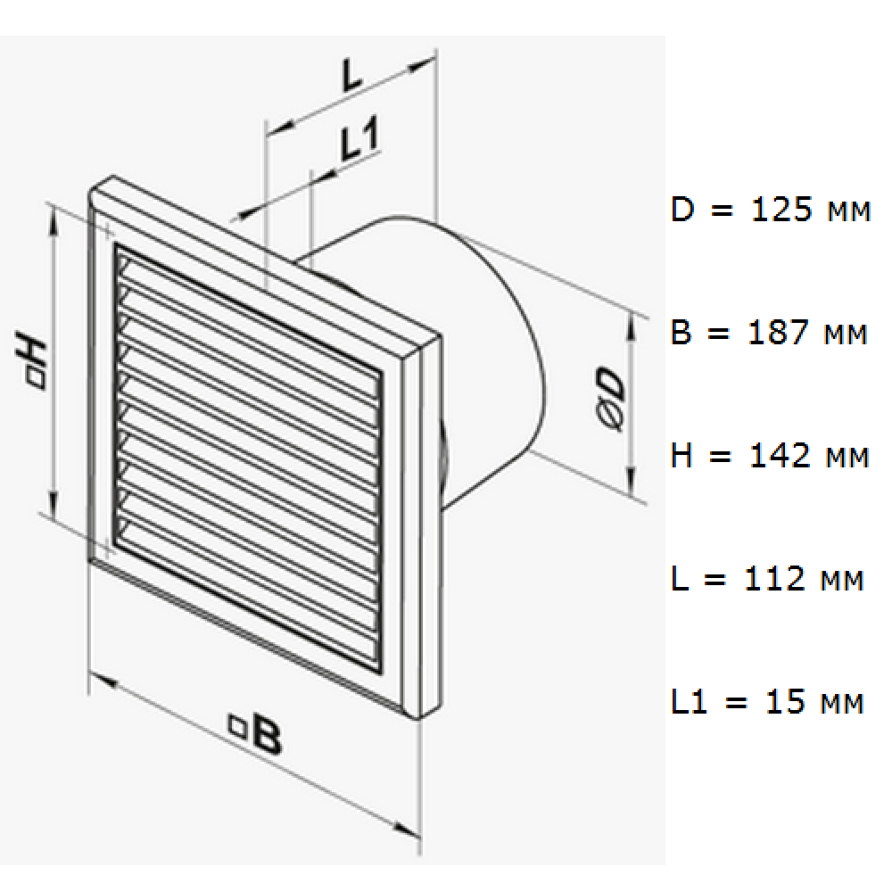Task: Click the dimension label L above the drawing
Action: coord(352,75)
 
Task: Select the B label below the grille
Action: coord(256,733)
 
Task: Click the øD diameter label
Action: coord(611,400)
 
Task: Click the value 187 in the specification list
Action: coord(778,332)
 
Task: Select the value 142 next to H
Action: coord(780,456)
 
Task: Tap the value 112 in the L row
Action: coord(774,579)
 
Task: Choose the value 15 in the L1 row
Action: coord(786,701)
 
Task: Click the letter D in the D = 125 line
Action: coord(682,210)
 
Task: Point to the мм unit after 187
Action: coord(846,335)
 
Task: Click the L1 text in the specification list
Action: coord(689,701)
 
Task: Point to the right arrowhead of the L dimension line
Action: coord(422,64)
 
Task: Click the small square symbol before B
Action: coord(236,724)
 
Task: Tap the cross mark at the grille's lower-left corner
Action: coord(109,550)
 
